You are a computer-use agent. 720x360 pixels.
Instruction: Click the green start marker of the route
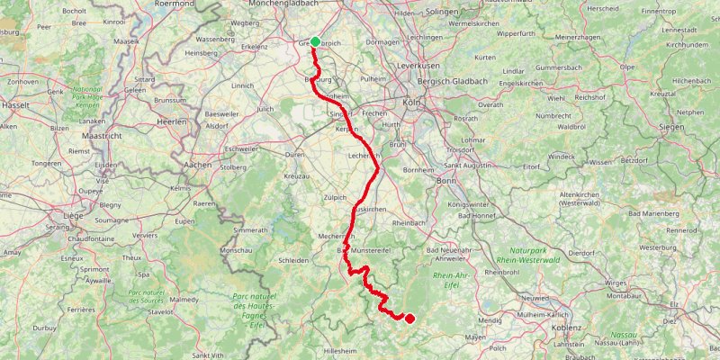tap(315, 41)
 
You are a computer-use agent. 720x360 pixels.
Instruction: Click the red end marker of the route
tap(409, 318)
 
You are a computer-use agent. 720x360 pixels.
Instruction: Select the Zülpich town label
tap(333, 195)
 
